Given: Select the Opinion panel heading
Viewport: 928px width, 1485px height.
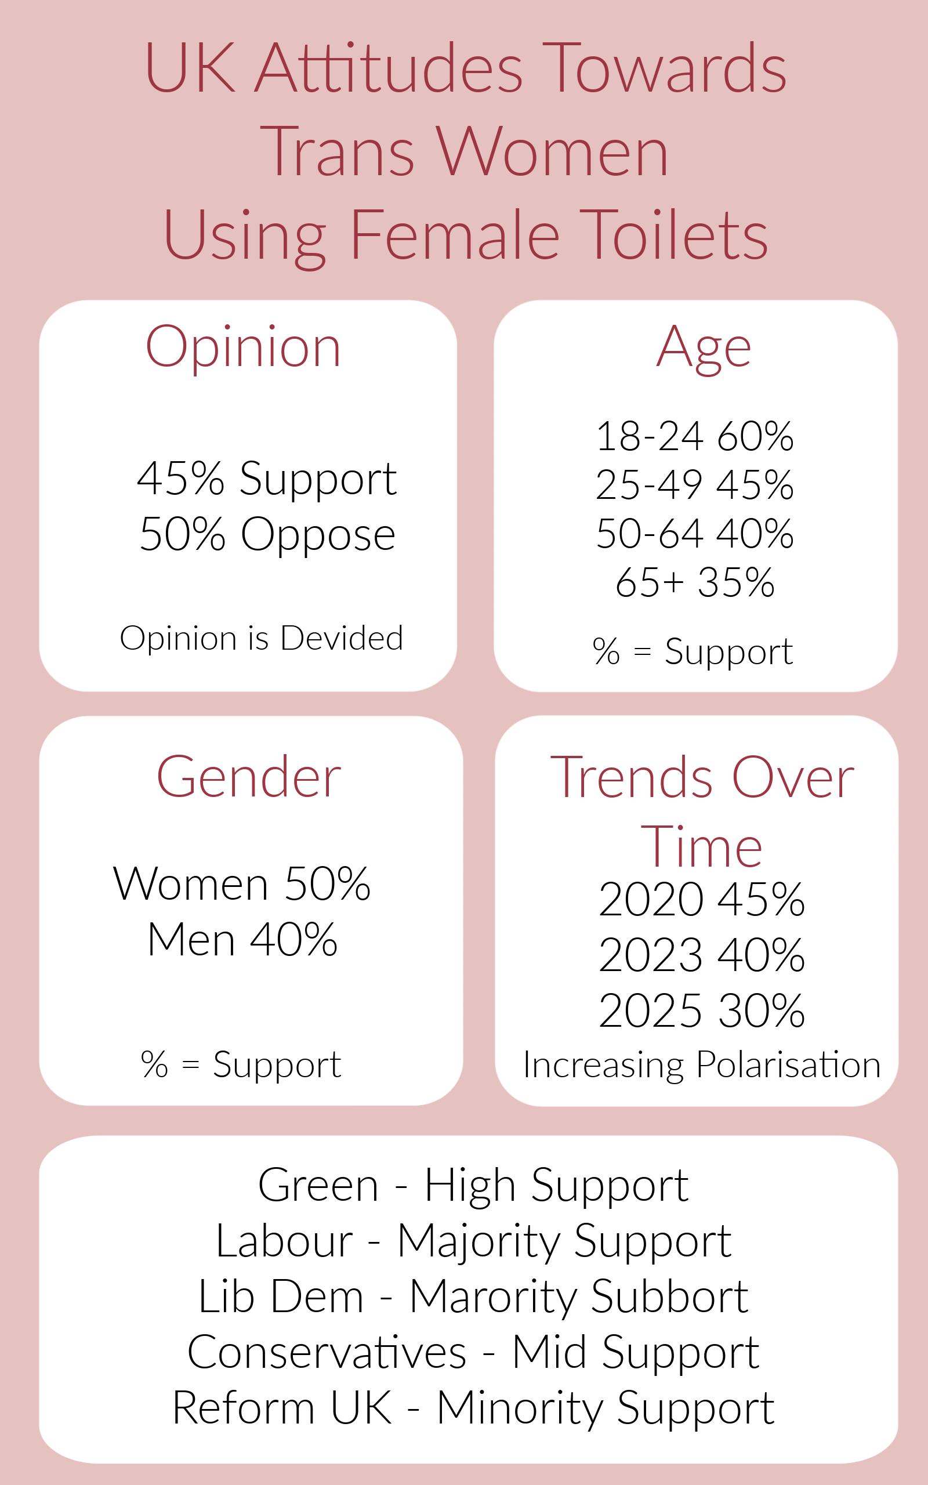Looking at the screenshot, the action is (x=243, y=349).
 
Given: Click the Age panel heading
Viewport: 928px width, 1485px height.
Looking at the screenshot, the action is (x=704, y=349).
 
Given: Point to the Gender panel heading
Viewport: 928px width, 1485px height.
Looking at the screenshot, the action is (x=249, y=777).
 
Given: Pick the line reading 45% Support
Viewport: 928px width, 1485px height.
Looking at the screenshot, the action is (x=267, y=479).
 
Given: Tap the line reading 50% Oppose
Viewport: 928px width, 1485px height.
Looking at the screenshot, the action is (x=267, y=534).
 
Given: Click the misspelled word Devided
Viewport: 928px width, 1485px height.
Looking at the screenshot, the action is (x=342, y=638).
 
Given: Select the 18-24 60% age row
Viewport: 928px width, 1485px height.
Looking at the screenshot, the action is (x=695, y=437).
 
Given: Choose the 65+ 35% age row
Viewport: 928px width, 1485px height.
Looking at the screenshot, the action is (x=695, y=582).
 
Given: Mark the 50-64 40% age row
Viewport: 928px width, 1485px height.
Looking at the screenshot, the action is (x=695, y=533).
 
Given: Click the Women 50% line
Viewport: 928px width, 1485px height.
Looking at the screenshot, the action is (x=242, y=884).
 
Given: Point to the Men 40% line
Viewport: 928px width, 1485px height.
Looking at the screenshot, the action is (x=242, y=940).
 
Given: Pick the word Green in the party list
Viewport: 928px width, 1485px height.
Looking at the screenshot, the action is (x=318, y=1186).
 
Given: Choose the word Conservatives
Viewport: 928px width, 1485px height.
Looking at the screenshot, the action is (x=327, y=1353).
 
